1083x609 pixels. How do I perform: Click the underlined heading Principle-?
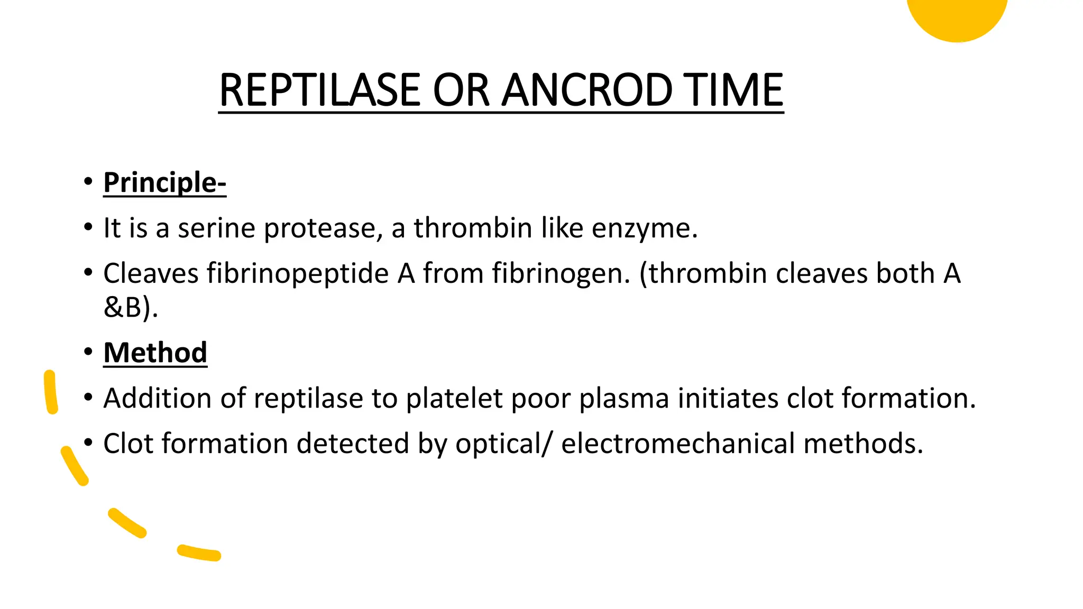(164, 182)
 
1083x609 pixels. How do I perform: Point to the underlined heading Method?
(155, 353)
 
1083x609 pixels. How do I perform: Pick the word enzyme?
(645, 229)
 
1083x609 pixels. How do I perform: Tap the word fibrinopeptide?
(297, 274)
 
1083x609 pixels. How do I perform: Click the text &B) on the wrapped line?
(130, 307)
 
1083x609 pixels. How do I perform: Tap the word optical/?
(504, 444)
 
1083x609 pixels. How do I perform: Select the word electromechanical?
(678, 444)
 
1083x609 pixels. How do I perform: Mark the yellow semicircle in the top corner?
(957, 16)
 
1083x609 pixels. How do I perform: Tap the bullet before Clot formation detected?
(88, 442)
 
